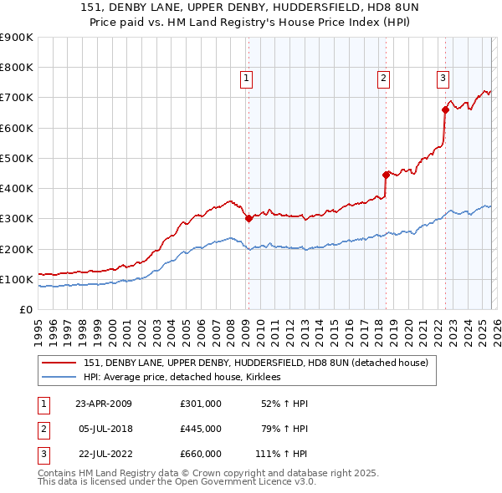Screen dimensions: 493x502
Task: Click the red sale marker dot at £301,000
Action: pos(248,219)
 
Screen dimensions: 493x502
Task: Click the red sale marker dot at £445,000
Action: pos(386,175)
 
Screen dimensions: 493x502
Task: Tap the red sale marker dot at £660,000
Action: pos(445,109)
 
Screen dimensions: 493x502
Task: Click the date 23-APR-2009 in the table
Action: pos(104,404)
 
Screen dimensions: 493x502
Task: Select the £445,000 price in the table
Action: pos(201,429)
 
